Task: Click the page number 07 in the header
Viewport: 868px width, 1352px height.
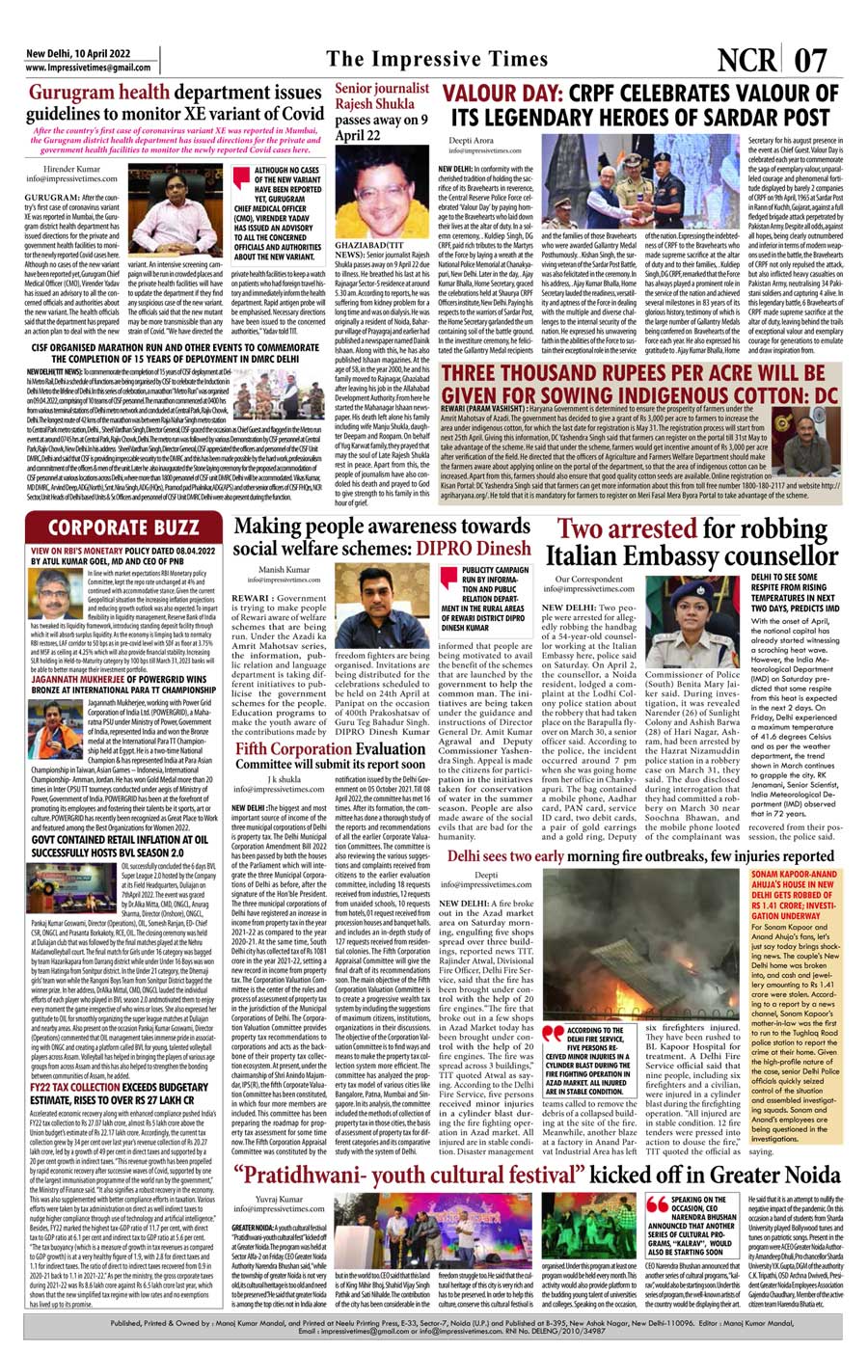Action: click(x=811, y=60)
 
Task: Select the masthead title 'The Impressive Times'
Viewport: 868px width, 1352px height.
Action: click(x=436, y=59)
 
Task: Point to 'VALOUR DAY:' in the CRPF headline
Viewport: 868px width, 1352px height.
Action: click(x=502, y=95)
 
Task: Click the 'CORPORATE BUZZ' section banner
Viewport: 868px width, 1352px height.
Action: click(x=123, y=527)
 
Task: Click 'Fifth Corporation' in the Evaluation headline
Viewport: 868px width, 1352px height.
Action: click(x=294, y=748)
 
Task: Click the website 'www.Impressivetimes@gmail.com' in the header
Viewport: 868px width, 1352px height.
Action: click(x=89, y=68)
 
